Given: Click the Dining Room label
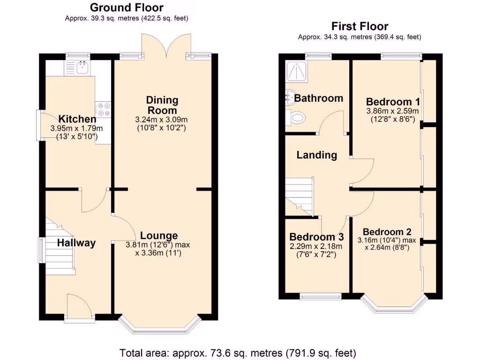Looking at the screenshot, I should (x=162, y=105).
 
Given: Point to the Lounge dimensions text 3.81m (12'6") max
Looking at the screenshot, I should (x=158, y=245).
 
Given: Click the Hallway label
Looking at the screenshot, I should (x=76, y=243).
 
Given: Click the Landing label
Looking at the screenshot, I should (x=317, y=155).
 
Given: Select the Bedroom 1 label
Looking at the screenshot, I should (x=393, y=102).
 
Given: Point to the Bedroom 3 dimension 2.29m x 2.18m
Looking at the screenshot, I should (x=316, y=247).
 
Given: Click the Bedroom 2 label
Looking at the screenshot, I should (x=387, y=232).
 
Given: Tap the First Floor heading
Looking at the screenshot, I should (x=360, y=26).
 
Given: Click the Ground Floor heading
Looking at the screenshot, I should (x=127, y=7).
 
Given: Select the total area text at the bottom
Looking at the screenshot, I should (x=238, y=352).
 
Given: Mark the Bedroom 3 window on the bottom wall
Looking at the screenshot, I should (x=321, y=296).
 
